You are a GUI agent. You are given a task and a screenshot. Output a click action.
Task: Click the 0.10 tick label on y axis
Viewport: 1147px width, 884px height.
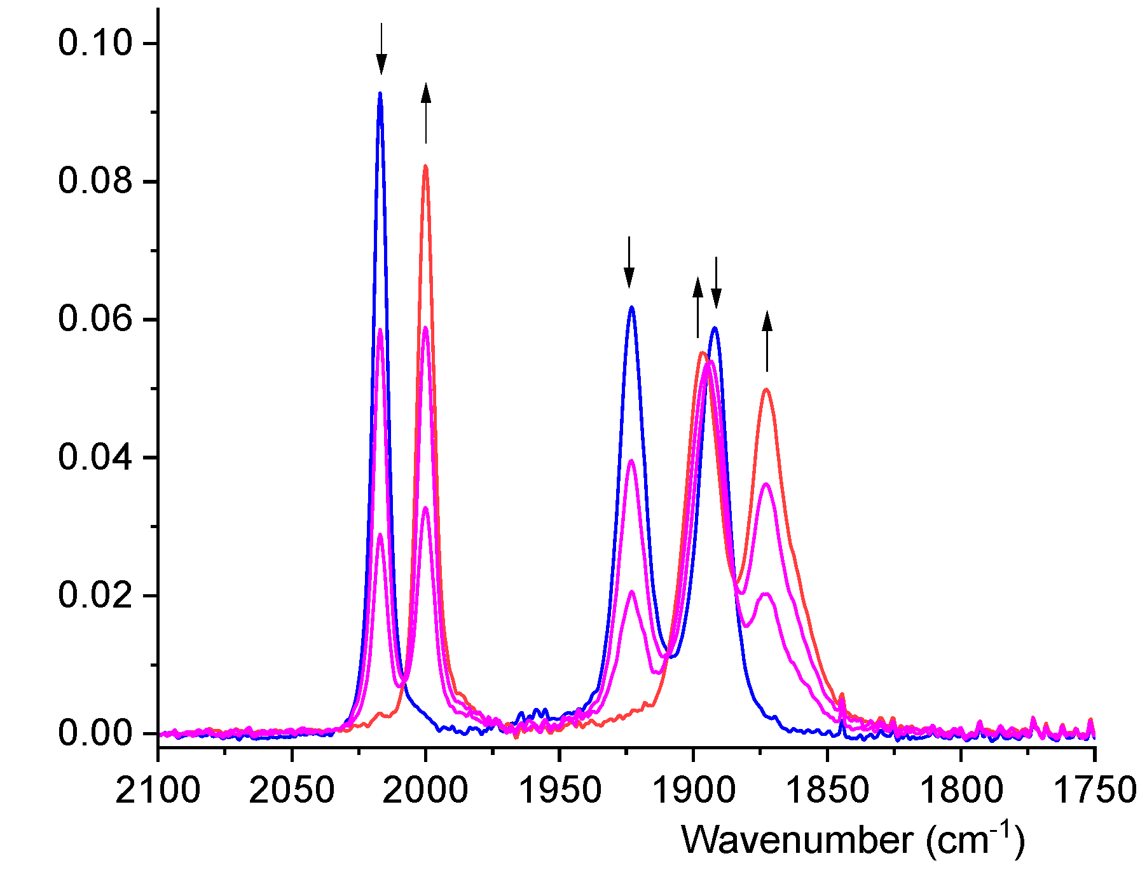pos(95,43)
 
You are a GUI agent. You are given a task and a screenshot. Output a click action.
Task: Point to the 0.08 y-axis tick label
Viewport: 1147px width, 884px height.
pos(95,181)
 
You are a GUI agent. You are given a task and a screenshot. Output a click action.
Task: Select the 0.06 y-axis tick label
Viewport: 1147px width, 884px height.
pos(95,319)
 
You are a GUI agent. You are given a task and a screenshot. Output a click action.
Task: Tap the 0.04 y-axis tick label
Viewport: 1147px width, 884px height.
pos(95,458)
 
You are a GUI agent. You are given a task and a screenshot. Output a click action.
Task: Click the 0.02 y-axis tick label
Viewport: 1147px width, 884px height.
pos(95,595)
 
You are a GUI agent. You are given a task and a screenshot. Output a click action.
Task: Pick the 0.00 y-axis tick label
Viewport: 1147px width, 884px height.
pos(95,733)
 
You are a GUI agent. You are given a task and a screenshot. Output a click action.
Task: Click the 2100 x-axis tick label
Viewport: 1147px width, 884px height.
pos(158,791)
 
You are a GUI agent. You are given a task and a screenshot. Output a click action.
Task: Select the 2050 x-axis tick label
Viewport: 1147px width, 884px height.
pos(291,791)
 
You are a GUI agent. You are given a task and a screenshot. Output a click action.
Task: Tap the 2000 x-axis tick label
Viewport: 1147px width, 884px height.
pos(425,791)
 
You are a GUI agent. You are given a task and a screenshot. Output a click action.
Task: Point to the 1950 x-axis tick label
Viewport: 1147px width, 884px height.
pos(560,791)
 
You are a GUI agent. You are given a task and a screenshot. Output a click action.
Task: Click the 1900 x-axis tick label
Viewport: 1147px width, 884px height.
pos(693,791)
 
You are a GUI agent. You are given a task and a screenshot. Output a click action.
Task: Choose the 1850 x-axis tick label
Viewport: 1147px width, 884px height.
pos(827,791)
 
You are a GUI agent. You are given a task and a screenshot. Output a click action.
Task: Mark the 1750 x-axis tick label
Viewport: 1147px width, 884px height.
pos(1094,791)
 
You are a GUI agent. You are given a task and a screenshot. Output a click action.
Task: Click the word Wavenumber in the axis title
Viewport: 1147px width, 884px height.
pos(798,840)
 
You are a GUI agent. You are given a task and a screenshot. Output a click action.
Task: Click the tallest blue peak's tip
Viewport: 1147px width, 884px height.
pos(380,93)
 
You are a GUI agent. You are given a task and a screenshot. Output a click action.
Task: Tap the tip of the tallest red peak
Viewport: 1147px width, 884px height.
pos(425,167)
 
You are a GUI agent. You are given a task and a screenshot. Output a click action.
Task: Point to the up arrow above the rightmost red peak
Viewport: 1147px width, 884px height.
pos(767,341)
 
